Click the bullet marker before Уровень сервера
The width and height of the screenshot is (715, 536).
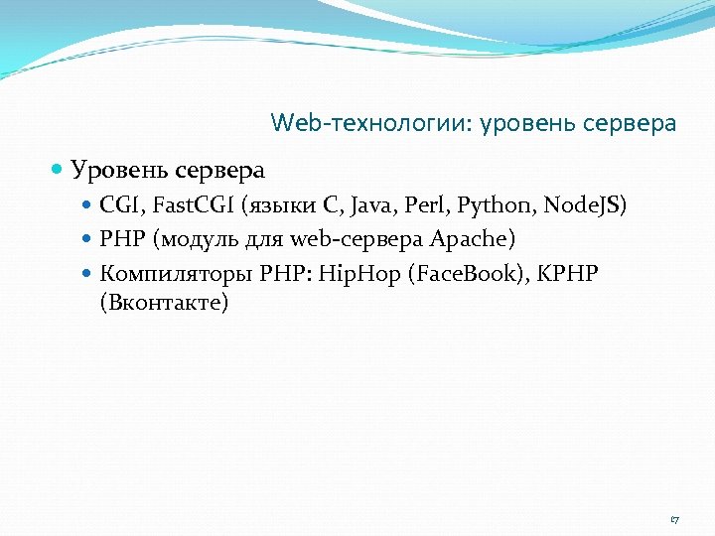59,171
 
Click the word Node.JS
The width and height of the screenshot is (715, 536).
585,206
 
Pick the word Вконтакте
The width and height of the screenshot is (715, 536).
164,301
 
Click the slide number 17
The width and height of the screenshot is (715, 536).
674,520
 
